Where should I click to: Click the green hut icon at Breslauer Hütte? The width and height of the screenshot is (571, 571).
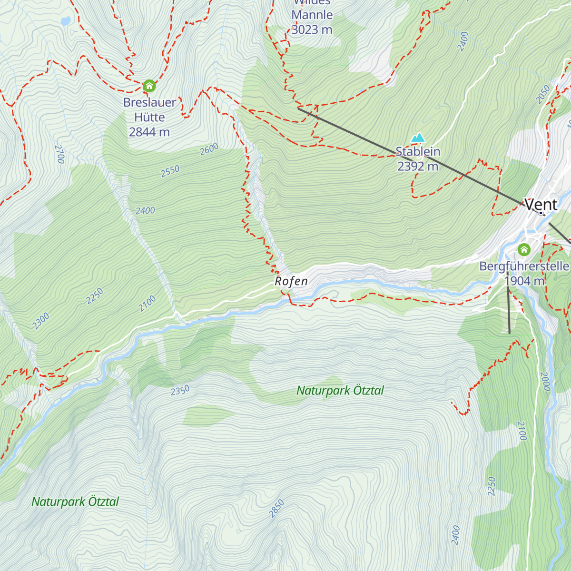coord(149,86)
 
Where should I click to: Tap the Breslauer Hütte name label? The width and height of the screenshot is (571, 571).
coord(149,109)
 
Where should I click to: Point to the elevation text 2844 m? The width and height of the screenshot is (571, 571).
coord(149,132)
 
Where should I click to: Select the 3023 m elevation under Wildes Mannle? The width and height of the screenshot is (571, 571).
coord(312,30)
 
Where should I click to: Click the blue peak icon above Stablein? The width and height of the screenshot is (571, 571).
coord(418,138)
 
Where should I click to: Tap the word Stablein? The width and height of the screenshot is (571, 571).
coord(418,151)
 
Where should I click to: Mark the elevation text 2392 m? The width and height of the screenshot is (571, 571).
coord(418,166)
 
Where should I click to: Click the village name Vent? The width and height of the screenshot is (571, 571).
coord(541,205)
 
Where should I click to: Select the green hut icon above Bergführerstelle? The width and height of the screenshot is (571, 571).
coord(524,249)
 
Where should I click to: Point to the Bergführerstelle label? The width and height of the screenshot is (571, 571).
coord(524,266)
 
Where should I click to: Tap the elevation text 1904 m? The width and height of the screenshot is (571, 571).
coord(524,281)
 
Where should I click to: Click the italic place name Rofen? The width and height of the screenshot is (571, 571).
coord(291,281)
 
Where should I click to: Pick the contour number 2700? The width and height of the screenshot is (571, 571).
coord(59,154)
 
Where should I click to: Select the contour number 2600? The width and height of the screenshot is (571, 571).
coord(209,149)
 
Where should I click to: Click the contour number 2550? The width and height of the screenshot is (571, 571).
coord(170,171)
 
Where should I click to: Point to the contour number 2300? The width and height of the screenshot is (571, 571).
coord(41,321)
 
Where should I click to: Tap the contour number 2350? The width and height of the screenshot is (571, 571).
coord(180,390)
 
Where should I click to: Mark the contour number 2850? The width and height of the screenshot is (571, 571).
coord(276,508)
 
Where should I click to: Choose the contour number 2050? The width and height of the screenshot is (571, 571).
coord(543,94)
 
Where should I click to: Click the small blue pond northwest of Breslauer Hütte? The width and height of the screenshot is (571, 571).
coord(65,21)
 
